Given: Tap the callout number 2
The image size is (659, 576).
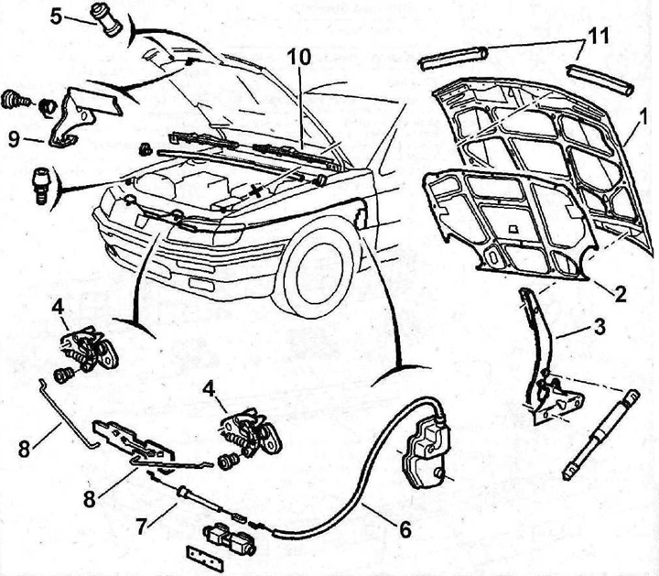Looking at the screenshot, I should coord(620,294).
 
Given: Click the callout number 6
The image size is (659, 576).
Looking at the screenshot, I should coord(404,529).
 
